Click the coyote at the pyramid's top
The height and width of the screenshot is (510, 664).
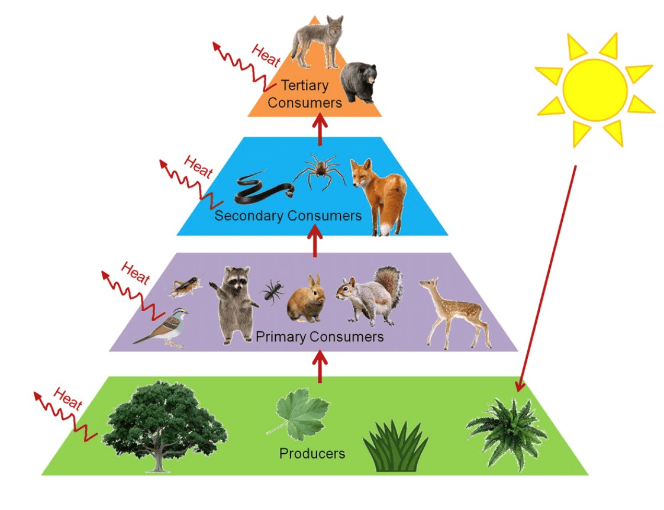(318, 39)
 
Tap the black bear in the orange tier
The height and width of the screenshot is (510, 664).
(360, 81)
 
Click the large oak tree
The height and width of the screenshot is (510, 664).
(163, 423)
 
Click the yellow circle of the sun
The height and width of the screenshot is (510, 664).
(594, 89)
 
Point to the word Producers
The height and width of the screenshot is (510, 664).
(312, 454)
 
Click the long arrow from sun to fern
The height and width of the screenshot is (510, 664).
(547, 278)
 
